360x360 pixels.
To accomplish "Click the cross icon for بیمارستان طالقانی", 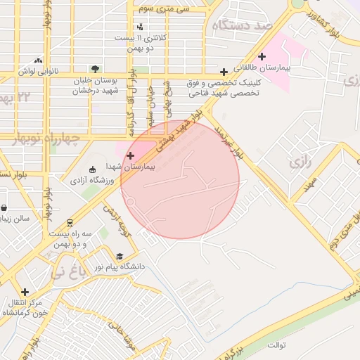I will [262, 56].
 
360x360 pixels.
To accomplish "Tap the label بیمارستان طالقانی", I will [285, 70].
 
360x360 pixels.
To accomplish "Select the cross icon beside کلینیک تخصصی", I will [224, 72].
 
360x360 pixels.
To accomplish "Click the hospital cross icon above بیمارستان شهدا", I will [130, 155].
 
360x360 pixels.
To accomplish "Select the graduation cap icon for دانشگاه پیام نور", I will [120, 257].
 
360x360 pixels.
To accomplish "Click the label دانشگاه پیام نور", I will [124, 267].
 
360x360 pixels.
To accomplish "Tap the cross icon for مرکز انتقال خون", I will [25, 292].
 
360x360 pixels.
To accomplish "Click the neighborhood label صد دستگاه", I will [244, 25].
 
